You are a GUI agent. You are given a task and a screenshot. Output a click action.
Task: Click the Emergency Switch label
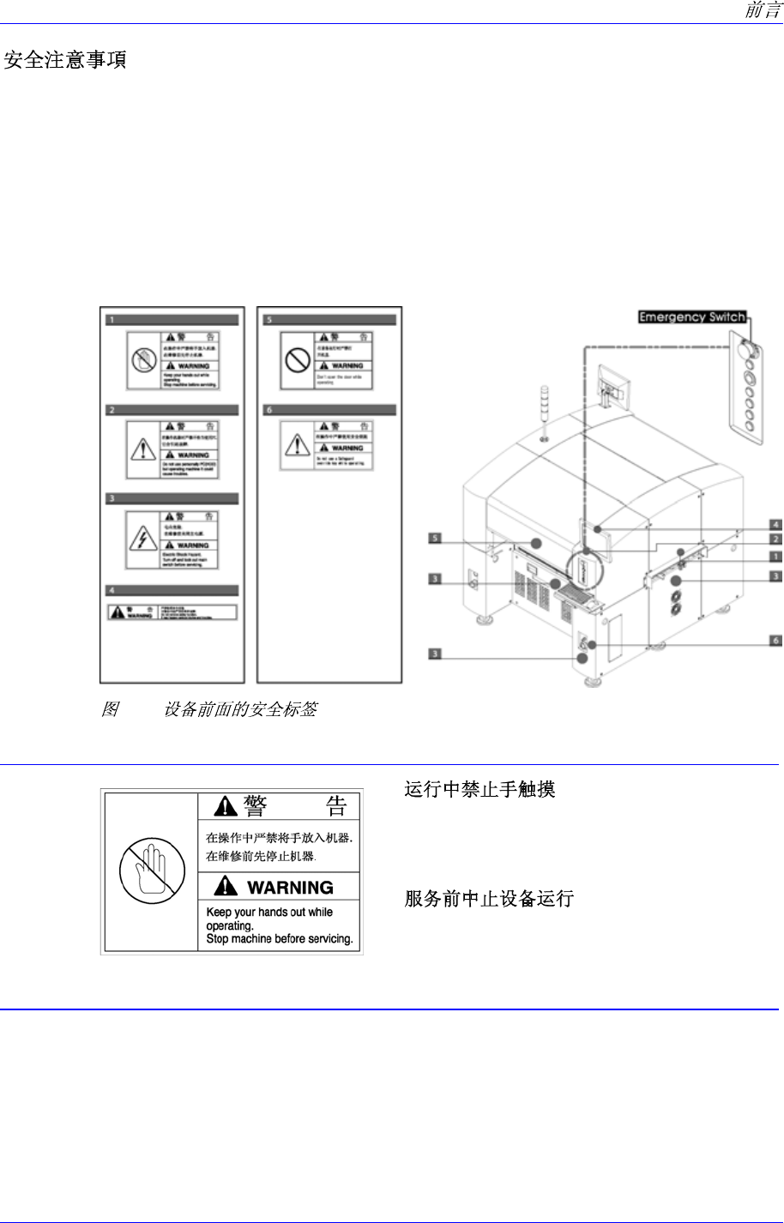pyautogui.click(x=691, y=317)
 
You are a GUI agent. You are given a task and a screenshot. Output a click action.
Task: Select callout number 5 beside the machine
pyautogui.click(x=437, y=539)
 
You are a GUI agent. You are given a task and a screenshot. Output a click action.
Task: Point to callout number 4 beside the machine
pyautogui.click(x=775, y=523)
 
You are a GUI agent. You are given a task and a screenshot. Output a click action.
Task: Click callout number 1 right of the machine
pyautogui.click(x=775, y=556)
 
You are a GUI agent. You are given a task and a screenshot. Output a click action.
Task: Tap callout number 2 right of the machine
pyautogui.click(x=775, y=539)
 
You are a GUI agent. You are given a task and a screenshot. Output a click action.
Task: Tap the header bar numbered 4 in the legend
pyautogui.click(x=170, y=590)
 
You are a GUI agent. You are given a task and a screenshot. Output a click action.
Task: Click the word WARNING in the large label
pyautogui.click(x=290, y=887)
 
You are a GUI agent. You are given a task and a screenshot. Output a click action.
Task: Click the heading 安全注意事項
pyautogui.click(x=66, y=62)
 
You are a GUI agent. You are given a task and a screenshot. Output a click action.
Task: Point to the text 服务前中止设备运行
pyautogui.click(x=489, y=899)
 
